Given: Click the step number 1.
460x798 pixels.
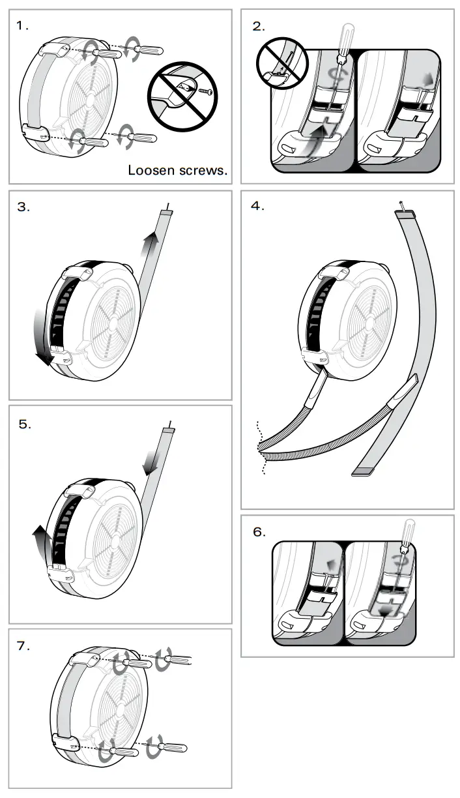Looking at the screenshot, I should pyautogui.click(x=23, y=26).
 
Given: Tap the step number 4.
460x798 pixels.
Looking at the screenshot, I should pyautogui.click(x=257, y=206).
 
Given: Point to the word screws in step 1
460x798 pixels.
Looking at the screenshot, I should pyautogui.click(x=205, y=171).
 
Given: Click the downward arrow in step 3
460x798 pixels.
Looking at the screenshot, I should pyautogui.click(x=45, y=340).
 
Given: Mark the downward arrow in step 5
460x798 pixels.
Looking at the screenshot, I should pyautogui.click(x=151, y=459).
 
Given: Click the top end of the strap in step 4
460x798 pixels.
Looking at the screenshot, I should pyautogui.click(x=401, y=212).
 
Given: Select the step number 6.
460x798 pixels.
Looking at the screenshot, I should pyautogui.click(x=259, y=532).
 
